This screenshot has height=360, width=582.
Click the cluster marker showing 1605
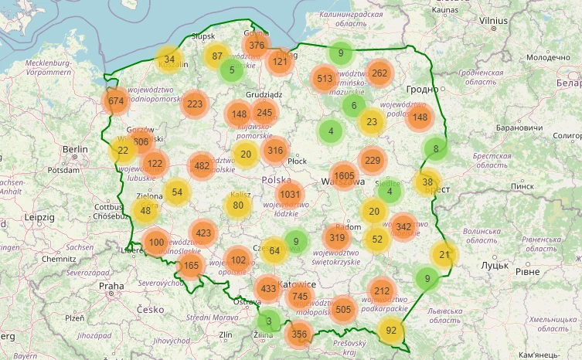(x=344, y=175)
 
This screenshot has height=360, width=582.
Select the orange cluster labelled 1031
(x=290, y=194)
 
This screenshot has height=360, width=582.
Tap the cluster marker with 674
(x=116, y=100)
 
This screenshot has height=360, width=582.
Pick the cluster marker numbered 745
(x=301, y=297)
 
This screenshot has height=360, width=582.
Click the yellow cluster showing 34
(x=169, y=59)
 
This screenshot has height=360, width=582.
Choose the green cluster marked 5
(x=231, y=70)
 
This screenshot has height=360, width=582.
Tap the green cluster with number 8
(x=436, y=148)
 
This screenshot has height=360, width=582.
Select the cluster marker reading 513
(x=325, y=78)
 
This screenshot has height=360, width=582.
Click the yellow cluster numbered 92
(x=391, y=330)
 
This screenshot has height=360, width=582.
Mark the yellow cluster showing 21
(x=444, y=254)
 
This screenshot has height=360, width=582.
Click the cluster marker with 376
(x=257, y=45)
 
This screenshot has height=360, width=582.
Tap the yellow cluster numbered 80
(x=238, y=205)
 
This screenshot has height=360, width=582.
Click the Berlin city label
(x=76, y=149)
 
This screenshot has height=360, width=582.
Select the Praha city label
(x=111, y=285)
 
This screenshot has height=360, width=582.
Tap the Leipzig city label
(x=38, y=218)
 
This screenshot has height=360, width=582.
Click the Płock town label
(x=297, y=161)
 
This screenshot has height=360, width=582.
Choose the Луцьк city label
(x=495, y=265)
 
